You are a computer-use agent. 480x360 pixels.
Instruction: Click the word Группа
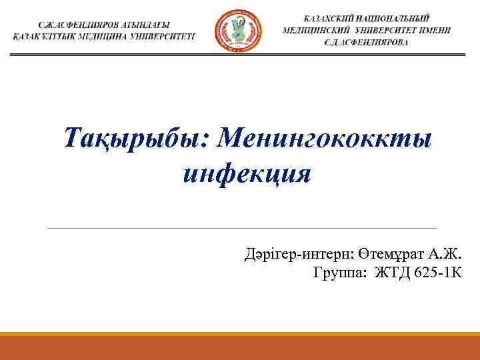(340, 273)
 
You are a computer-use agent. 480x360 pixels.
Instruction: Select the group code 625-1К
(437, 273)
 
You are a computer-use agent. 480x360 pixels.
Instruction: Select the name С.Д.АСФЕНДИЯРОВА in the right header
(368, 42)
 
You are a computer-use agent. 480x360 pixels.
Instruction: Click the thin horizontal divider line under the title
(241, 228)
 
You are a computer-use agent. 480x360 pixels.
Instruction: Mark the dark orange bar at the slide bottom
(240, 347)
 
